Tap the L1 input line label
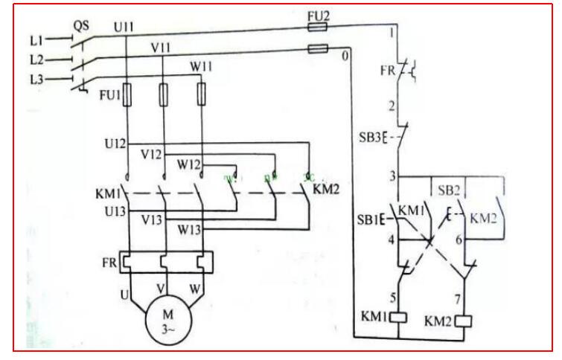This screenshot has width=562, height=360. [x=36, y=38]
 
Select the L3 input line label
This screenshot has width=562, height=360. [x=36, y=78]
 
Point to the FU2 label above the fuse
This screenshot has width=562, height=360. [x=318, y=14]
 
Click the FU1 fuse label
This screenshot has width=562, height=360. [x=110, y=97]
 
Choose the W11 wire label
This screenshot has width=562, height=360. [x=202, y=66]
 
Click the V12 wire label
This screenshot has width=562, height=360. [x=153, y=153]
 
